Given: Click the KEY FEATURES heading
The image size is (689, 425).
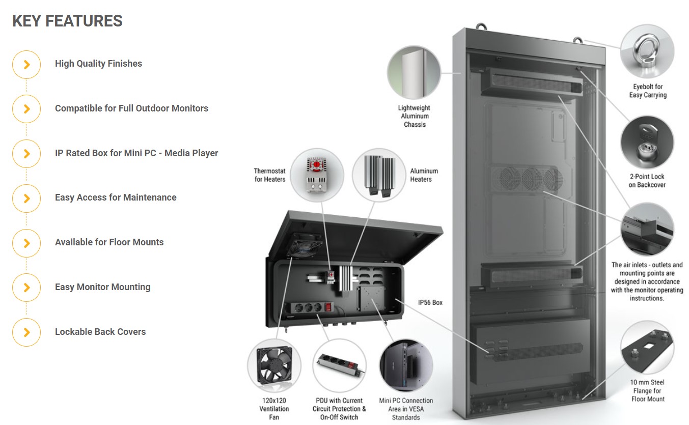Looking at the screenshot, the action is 67,21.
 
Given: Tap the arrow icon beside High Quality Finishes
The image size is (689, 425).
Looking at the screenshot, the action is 26,65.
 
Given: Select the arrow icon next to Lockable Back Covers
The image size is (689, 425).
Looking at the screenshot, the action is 26,332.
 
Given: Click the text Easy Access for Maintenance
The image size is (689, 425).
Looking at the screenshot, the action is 116,197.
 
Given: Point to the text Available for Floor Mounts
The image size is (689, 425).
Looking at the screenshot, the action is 109,242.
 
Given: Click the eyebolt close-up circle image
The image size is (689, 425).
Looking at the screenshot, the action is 647,51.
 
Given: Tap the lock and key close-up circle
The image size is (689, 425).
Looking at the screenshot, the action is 647,143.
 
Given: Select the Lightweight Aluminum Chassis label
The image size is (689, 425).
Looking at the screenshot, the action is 415,116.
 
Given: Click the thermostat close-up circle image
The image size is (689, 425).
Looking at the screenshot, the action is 317,175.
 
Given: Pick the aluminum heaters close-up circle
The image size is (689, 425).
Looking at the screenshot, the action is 379,175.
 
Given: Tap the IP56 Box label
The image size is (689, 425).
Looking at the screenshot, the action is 430,303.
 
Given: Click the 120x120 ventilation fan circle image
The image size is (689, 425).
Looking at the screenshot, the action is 274,365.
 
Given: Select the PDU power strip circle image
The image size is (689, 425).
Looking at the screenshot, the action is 339,365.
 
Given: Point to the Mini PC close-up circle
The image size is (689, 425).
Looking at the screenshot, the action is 406,365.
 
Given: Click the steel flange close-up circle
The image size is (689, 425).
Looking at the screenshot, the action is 647,348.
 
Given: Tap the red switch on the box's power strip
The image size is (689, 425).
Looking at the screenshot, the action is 328,307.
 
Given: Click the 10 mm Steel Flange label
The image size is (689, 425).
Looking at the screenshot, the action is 647,390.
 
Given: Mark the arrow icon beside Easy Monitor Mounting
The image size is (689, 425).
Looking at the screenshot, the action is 26,288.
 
